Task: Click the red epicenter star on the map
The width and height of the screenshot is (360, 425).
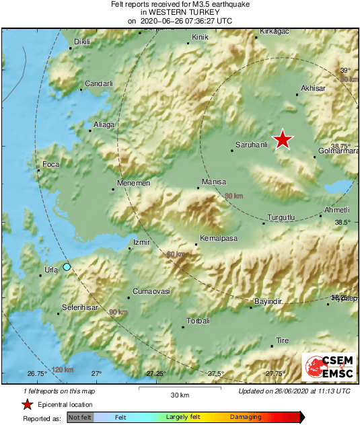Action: pos(283,139)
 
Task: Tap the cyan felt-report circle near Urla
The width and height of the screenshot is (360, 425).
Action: pos(67,267)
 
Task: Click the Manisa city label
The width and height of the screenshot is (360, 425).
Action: pos(214,182)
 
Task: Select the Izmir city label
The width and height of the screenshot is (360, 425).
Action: pos(141,242)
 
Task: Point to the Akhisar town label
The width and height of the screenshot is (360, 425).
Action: pos(314,88)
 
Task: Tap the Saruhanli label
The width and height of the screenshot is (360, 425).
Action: pos(251,145)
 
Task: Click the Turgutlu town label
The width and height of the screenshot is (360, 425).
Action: pos(281,217)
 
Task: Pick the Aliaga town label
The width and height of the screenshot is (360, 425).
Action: pos(104,124)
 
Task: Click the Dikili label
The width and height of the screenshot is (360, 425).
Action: pos(81,42)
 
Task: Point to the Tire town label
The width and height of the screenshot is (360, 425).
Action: pos(283,340)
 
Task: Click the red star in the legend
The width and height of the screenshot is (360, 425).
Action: pos(28,404)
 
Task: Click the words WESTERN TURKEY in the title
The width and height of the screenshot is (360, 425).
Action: pos(180,12)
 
